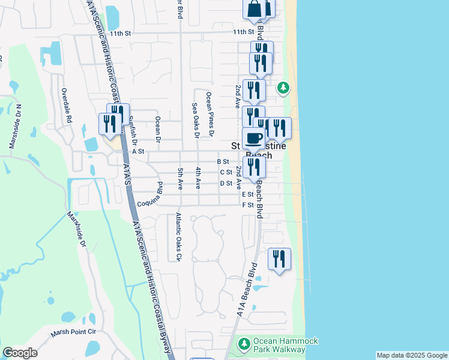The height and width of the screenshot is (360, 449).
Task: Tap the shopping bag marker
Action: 254,9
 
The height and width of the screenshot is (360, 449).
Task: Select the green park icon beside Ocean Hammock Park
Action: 244,344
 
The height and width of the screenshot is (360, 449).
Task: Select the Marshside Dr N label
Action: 15,127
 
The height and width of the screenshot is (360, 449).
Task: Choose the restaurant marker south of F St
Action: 279,260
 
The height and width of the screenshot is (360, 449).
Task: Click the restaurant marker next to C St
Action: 254,167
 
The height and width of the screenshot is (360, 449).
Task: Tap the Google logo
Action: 20,353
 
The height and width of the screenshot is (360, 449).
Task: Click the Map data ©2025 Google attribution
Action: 412,355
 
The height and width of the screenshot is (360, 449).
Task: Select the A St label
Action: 139,152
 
